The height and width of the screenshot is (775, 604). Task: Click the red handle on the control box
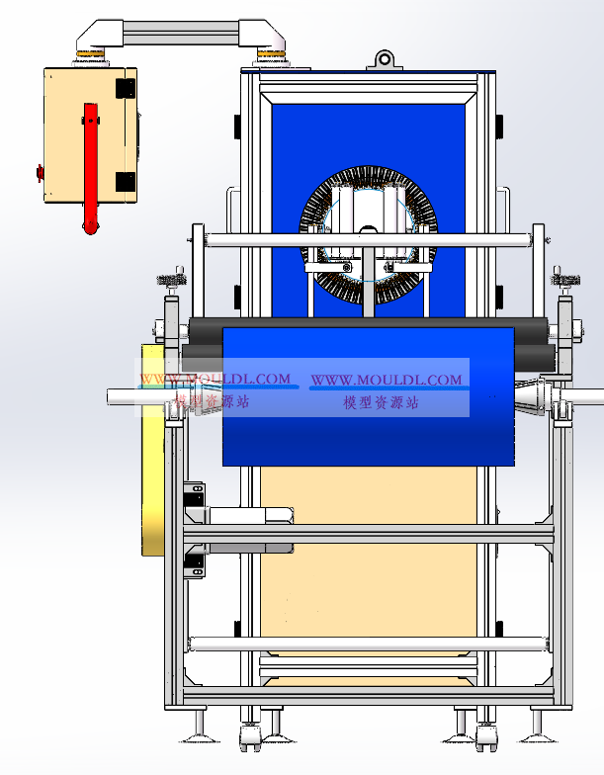pos(90,168)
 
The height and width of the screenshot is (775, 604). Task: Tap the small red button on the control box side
pos(40,173)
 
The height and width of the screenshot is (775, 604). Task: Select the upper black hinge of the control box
pos(125,89)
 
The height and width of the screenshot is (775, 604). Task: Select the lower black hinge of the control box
pos(125,182)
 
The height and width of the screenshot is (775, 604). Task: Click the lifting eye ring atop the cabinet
pos(384,59)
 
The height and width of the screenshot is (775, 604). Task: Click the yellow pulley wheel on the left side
pos(152,450)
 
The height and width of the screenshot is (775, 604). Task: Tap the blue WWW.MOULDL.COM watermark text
pos(386,380)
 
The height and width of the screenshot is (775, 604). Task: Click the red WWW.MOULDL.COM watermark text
pos(216,380)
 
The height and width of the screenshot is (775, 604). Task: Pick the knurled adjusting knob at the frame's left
pos(172,279)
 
